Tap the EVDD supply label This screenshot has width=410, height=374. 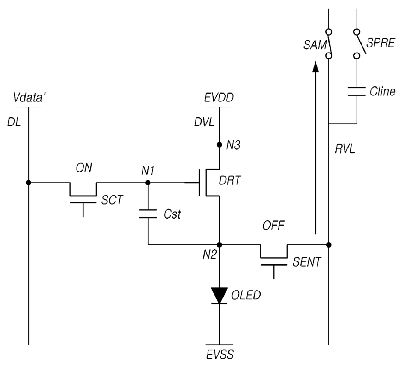pyautogui.click(x=219, y=98)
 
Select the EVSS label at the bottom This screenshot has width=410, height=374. pyautogui.click(x=220, y=355)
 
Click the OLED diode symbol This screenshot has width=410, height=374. pyautogui.click(x=220, y=296)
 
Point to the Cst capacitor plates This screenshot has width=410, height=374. pyautogui.click(x=148, y=214)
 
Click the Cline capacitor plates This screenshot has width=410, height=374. pyautogui.click(x=357, y=91)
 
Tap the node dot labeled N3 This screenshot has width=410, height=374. pyautogui.click(x=220, y=145)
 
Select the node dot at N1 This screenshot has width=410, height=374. pyautogui.click(x=148, y=183)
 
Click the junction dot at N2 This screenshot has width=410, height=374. pyautogui.click(x=220, y=245)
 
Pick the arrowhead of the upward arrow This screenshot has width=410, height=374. pyautogui.click(x=315, y=67)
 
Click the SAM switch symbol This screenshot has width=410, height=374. pyautogui.click(x=329, y=44)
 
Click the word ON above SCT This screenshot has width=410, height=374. pyautogui.click(x=84, y=168)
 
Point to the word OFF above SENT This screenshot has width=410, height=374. pyautogui.click(x=273, y=226)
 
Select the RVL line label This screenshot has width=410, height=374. pyautogui.click(x=345, y=149)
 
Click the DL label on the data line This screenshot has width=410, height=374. pyautogui.click(x=14, y=122)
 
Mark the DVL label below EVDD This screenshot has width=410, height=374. pyautogui.click(x=204, y=122)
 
